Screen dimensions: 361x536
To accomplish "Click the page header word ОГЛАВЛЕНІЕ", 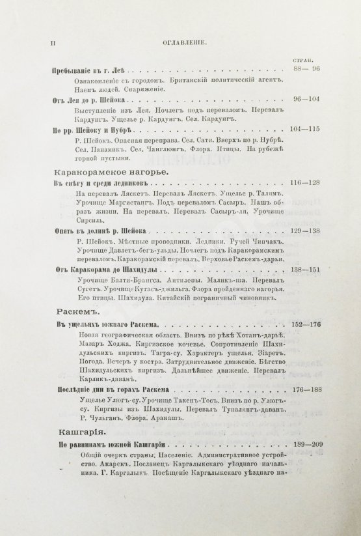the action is (185, 43).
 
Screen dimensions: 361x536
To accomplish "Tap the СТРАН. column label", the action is (310, 59).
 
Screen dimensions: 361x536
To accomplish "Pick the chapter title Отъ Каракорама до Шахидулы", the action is (104, 268).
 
